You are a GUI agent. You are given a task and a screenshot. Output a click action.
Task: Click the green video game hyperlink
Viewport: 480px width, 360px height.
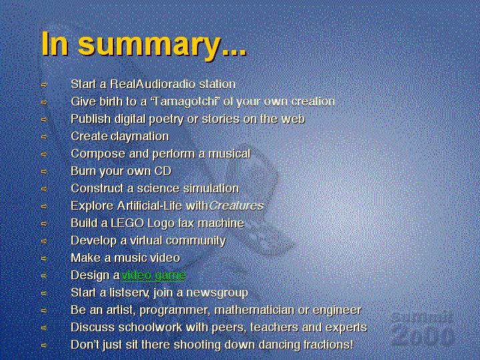pos(154,275)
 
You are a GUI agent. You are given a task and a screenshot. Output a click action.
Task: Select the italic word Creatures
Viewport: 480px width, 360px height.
pos(236,206)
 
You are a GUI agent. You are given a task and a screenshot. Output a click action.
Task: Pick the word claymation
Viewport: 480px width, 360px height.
pos(140,136)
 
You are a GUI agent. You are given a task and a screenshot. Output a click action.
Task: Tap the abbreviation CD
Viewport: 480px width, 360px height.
pos(163,171)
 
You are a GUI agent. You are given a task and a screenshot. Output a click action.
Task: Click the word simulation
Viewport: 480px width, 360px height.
pos(211,188)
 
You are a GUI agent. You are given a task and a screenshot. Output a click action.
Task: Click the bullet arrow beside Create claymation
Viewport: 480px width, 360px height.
pos(44,137)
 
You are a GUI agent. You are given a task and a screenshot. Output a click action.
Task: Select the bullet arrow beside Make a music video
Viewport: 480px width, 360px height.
pos(44,258)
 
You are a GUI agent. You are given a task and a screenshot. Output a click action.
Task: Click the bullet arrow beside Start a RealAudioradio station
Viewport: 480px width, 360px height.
pos(44,85)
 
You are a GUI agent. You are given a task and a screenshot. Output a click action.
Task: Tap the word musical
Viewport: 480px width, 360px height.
pos(230,154)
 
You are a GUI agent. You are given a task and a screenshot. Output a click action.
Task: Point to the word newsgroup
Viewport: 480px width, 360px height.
pos(217,293)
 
